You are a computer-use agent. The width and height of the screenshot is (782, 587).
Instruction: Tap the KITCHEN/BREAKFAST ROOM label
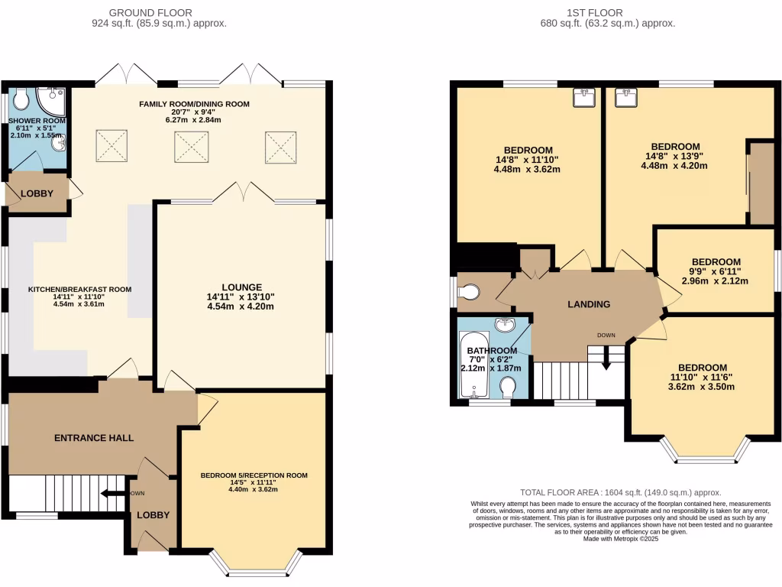click(x=80, y=290)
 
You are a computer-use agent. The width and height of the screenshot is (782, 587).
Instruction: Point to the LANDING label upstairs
click(x=589, y=304)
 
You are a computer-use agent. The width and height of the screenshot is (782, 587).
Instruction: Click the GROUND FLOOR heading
click(x=150, y=12)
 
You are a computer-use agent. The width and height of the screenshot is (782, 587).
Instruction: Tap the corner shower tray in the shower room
click(x=54, y=98)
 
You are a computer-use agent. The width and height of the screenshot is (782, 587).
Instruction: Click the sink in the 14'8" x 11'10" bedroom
click(x=586, y=97)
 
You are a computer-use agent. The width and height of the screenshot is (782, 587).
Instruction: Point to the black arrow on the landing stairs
click(x=607, y=362)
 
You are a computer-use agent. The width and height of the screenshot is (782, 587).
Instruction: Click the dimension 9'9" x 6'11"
click(x=715, y=271)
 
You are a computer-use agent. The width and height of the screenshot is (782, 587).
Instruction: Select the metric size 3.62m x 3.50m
click(x=703, y=387)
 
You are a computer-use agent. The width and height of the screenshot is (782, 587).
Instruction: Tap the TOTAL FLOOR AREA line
click(x=620, y=493)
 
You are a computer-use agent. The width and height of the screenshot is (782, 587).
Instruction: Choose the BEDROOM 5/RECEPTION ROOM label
click(x=254, y=475)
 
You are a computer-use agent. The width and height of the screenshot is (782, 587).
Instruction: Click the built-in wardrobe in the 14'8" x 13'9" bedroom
click(x=761, y=183)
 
